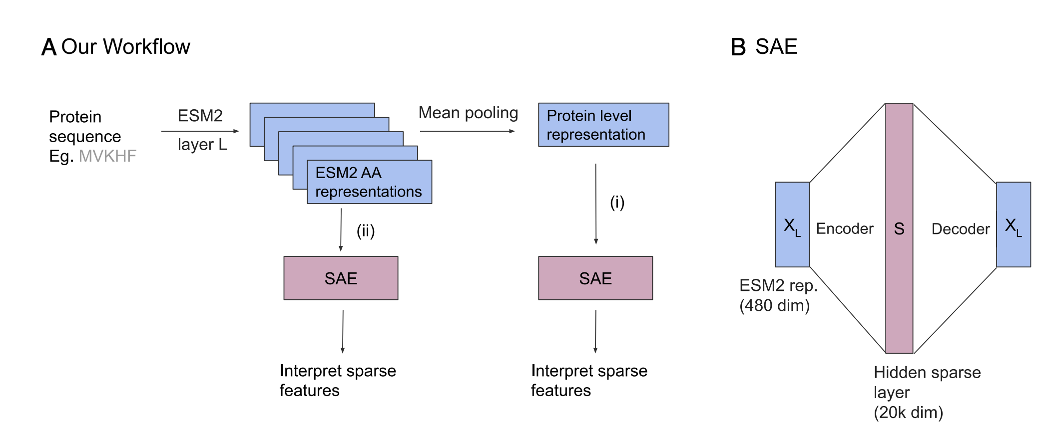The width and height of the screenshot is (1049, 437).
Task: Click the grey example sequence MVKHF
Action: [x=107, y=156]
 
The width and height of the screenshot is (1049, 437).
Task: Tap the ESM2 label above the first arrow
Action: [x=200, y=116]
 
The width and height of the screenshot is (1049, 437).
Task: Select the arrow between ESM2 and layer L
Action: [x=200, y=131]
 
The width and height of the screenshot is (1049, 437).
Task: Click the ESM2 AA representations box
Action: [x=369, y=182]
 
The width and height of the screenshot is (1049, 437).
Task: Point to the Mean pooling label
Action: [x=468, y=113]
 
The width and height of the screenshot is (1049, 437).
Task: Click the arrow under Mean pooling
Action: [x=467, y=131]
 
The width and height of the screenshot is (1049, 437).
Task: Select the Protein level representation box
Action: [x=603, y=125]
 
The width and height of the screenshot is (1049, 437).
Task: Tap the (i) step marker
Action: [x=617, y=203]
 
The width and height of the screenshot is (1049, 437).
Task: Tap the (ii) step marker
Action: [x=365, y=231]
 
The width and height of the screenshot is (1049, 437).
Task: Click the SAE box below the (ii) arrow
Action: [x=341, y=278]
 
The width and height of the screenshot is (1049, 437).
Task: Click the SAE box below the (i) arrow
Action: [x=595, y=278]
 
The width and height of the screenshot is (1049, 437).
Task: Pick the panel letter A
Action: [x=48, y=47]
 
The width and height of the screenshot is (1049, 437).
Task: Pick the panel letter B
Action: [x=738, y=47]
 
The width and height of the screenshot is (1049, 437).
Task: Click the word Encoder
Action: [x=844, y=228]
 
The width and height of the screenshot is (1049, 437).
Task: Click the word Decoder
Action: [x=960, y=229]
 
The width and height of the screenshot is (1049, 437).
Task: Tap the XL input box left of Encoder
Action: [x=792, y=224]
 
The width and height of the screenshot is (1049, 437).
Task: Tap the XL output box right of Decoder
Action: [x=1013, y=224]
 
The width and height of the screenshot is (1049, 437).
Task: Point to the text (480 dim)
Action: [x=774, y=305]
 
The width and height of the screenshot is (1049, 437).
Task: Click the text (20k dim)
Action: [x=908, y=413]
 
